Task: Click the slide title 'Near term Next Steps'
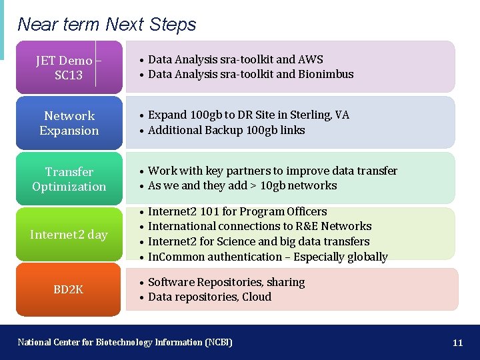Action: point(107,25)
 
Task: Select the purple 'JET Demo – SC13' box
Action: point(69,67)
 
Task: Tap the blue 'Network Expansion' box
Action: point(69,123)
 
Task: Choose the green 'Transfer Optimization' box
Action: point(69,179)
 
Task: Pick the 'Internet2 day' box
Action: point(69,235)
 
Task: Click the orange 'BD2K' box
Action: point(69,289)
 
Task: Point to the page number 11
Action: point(457,343)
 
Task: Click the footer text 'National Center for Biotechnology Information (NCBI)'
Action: point(125,342)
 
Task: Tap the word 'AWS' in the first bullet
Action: point(311,59)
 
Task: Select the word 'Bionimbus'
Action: point(326,74)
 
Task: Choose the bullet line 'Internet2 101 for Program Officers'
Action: point(237,211)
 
